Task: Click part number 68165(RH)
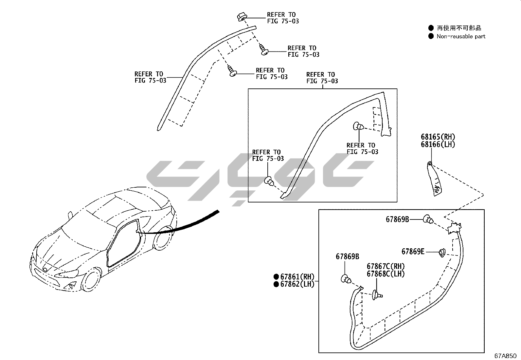coord(438,137)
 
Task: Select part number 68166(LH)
coord(438,144)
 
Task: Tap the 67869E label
coord(413,251)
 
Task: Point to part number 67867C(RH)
coord(386,266)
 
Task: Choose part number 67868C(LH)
coord(386,274)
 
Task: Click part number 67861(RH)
coord(297,277)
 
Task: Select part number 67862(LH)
coord(297,284)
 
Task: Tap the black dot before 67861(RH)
coord(276,277)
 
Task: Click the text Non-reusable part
coord(461,36)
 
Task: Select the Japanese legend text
coord(459,28)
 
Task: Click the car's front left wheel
coord(91,280)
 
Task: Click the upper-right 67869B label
coord(397,219)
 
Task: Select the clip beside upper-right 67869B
coord(428,219)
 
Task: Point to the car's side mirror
coord(70,215)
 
